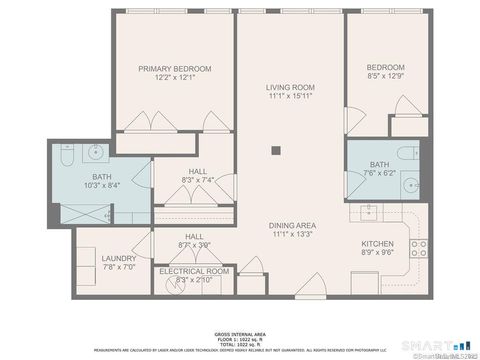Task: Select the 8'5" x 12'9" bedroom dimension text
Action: (x=385, y=76)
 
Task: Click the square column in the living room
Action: (x=275, y=152)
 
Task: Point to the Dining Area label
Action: (x=291, y=226)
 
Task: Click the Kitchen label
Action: (x=377, y=243)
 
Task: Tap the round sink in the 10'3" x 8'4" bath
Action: (x=97, y=153)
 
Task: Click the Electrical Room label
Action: (x=193, y=271)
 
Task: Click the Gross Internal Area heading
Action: (x=239, y=333)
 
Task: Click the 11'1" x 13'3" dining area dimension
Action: (x=291, y=235)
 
